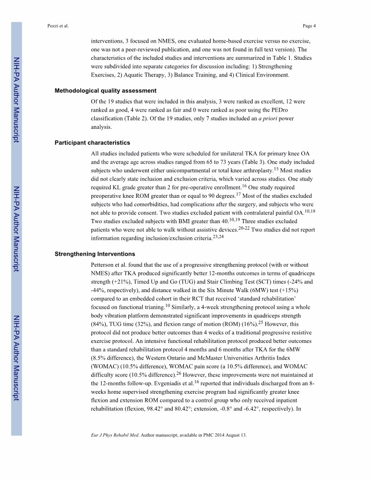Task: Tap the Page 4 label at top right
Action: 309,25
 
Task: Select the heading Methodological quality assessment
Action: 106,91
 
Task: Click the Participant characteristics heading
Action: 92,143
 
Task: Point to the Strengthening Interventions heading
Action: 95,254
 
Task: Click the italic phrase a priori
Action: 268,119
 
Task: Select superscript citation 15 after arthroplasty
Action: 276,169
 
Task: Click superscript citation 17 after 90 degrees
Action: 238,194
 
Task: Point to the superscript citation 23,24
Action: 219,236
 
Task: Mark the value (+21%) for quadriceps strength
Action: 118,282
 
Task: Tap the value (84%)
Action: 99,324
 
